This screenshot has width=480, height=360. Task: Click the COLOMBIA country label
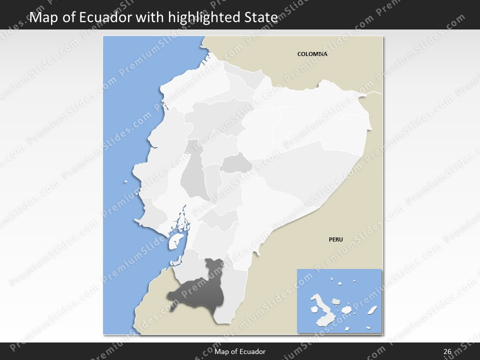coord(312,54)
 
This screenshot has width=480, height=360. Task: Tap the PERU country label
coord(335,239)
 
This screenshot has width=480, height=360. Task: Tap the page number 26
coord(447,351)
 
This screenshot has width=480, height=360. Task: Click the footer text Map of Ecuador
coord(240,351)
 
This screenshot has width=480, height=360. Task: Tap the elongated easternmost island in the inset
coord(372,310)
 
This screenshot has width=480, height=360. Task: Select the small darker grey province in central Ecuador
coord(236,164)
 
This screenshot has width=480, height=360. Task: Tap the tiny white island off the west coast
coord(126,182)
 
